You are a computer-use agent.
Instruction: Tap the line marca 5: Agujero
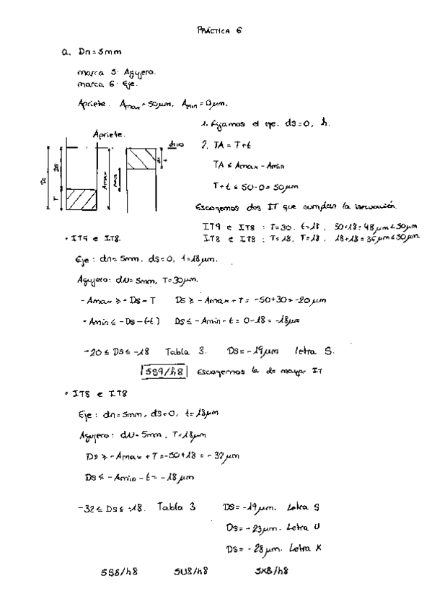click(x=115, y=73)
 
